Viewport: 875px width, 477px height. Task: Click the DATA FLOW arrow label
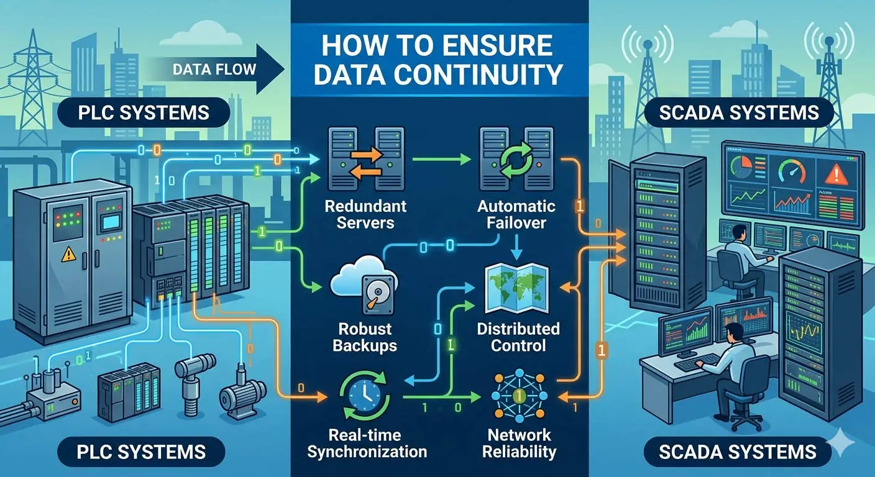point(214,68)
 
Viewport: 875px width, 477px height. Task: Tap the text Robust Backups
point(365,337)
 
